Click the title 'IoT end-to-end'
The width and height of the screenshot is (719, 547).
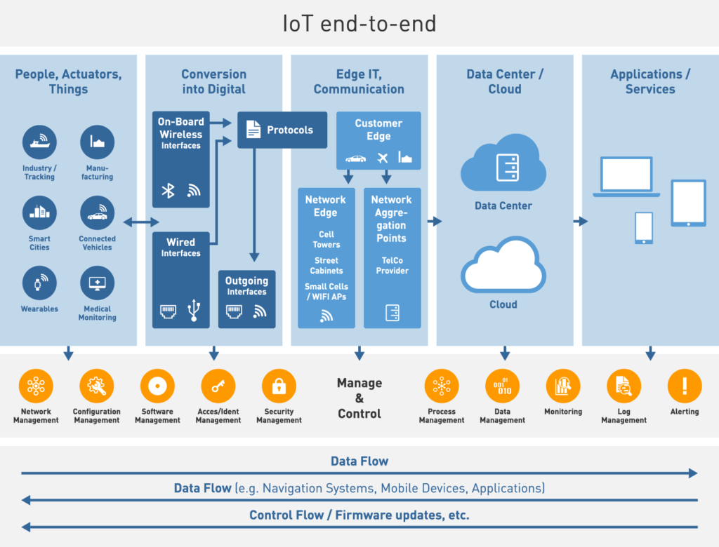click(x=359, y=24)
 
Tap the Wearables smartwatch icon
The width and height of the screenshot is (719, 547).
click(x=39, y=283)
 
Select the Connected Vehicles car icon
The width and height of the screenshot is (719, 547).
click(x=97, y=213)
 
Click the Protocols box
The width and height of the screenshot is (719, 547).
click(x=282, y=130)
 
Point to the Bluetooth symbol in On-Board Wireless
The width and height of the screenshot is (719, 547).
click(x=169, y=191)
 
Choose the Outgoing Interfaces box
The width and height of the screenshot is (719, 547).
click(x=246, y=299)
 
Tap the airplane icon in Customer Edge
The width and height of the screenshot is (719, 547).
click(x=383, y=158)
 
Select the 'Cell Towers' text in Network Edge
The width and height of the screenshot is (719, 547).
click(x=326, y=239)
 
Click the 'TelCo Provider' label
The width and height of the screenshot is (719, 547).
click(x=392, y=266)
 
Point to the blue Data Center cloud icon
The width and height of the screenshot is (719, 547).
click(x=503, y=168)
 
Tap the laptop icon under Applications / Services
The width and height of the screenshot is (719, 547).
click(x=626, y=177)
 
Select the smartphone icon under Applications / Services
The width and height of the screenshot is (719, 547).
click(x=643, y=228)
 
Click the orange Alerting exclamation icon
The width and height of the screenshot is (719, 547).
click(x=684, y=386)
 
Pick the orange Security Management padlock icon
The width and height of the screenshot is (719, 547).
click(x=279, y=386)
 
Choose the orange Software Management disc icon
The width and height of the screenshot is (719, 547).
click(x=157, y=386)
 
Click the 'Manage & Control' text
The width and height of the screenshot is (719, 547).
click(x=359, y=398)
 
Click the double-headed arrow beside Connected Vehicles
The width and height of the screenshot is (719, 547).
click(x=141, y=222)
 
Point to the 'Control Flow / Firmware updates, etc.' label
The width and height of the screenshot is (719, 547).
click(x=359, y=515)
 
